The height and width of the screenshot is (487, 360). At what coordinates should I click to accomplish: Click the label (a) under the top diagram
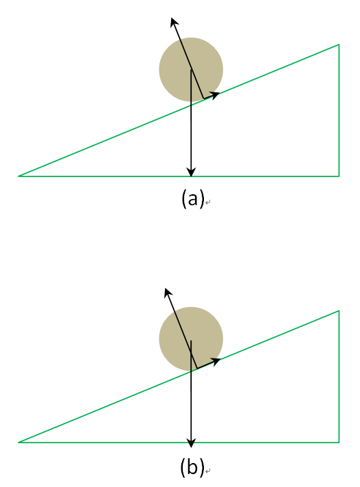(193, 198)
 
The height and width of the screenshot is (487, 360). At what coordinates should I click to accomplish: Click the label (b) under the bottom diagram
(192, 466)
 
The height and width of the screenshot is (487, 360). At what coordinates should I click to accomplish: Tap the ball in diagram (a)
(191, 70)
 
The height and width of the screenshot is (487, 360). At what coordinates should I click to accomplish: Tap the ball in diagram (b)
(191, 339)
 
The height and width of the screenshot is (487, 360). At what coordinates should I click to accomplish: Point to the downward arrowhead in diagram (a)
(191, 172)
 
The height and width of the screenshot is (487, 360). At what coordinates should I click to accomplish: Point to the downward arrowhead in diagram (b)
(191, 443)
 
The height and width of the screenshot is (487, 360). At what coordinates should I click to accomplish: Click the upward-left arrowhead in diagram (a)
(175, 23)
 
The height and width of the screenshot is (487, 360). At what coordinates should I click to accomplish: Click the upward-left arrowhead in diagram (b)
(168, 293)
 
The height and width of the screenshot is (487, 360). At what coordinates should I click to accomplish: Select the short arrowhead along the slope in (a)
(214, 94)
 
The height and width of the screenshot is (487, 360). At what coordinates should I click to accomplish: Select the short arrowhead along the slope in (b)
(216, 361)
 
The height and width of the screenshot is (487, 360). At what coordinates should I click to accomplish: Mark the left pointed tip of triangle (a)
(18, 176)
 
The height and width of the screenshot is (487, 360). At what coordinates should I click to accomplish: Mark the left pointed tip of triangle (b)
(18, 442)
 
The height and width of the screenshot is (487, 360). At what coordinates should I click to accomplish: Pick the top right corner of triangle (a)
(339, 44)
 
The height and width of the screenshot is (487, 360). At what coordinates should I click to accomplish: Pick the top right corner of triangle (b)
(339, 311)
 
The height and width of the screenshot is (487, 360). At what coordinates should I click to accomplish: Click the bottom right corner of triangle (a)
(339, 176)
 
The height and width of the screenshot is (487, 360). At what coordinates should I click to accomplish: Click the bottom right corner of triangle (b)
(339, 442)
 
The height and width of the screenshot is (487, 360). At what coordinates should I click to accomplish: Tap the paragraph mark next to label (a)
(208, 202)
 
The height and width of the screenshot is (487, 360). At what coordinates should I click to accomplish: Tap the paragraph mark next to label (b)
(208, 471)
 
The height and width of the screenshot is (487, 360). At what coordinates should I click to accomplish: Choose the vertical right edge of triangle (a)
(339, 111)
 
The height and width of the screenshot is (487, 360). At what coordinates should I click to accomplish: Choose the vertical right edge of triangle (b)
(339, 376)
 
